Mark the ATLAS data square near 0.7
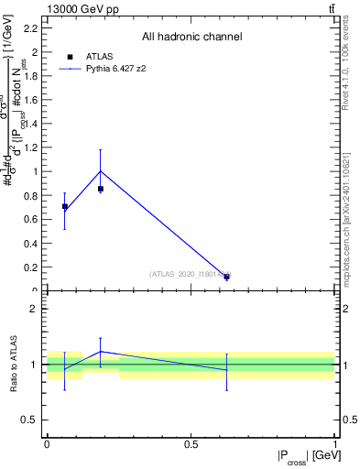[x=64, y=206]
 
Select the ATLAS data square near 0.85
[x=101, y=189]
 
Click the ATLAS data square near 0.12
[x=226, y=276]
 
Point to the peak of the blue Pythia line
[x=101, y=170]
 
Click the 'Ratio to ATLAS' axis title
[x=14, y=365]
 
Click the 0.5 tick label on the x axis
[x=191, y=444]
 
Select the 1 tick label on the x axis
[x=335, y=444]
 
